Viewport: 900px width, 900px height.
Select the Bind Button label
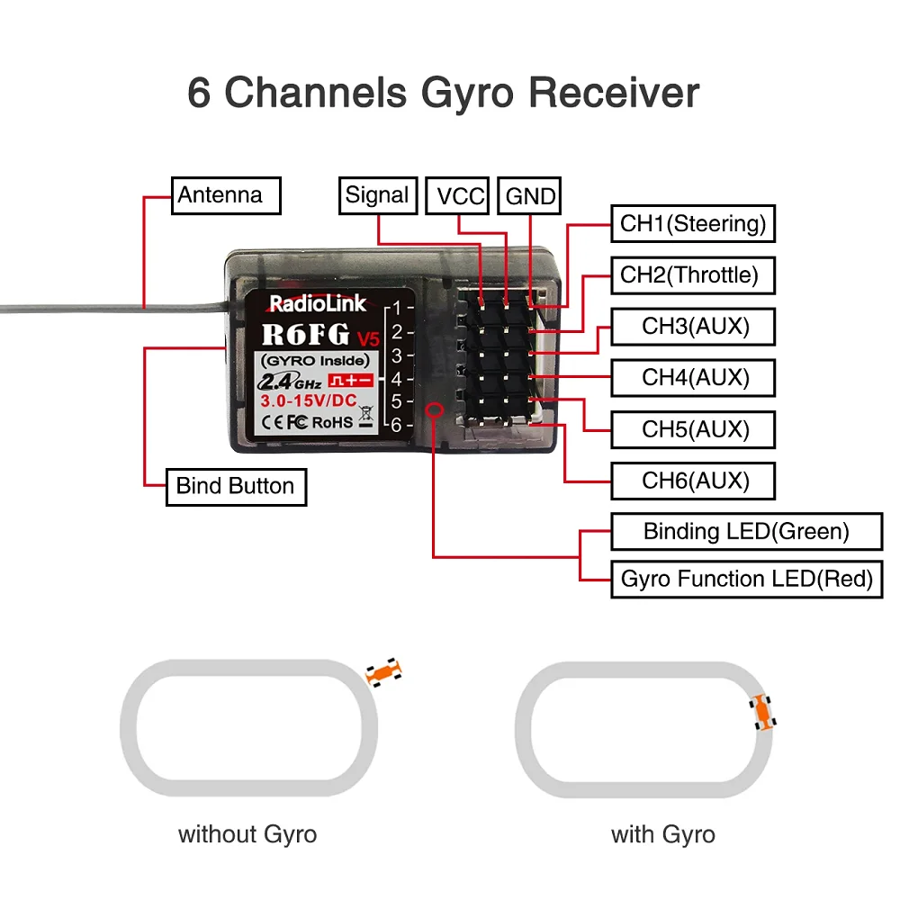click(236, 487)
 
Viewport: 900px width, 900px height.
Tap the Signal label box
click(377, 195)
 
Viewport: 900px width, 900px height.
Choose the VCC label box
click(460, 196)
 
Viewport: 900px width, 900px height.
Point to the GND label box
click(531, 196)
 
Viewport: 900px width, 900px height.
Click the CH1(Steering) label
click(692, 223)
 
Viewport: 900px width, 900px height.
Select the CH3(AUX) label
click(692, 326)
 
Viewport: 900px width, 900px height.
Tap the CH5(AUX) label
click(692, 429)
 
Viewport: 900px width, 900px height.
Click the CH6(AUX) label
click(692, 481)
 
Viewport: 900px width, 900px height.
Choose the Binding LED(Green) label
click(746, 531)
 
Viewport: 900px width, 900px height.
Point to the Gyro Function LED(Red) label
click(746, 579)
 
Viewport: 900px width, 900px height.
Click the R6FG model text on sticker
click(306, 335)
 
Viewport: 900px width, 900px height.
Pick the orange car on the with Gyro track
click(763, 712)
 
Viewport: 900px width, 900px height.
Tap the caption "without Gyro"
click(247, 834)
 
